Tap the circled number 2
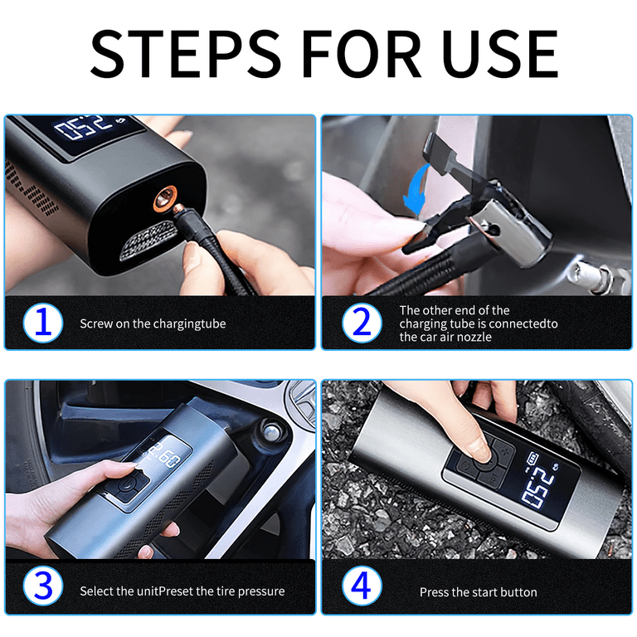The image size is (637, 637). [x=361, y=323]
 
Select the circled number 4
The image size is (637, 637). [x=361, y=590]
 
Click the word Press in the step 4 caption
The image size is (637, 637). [x=435, y=592]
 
